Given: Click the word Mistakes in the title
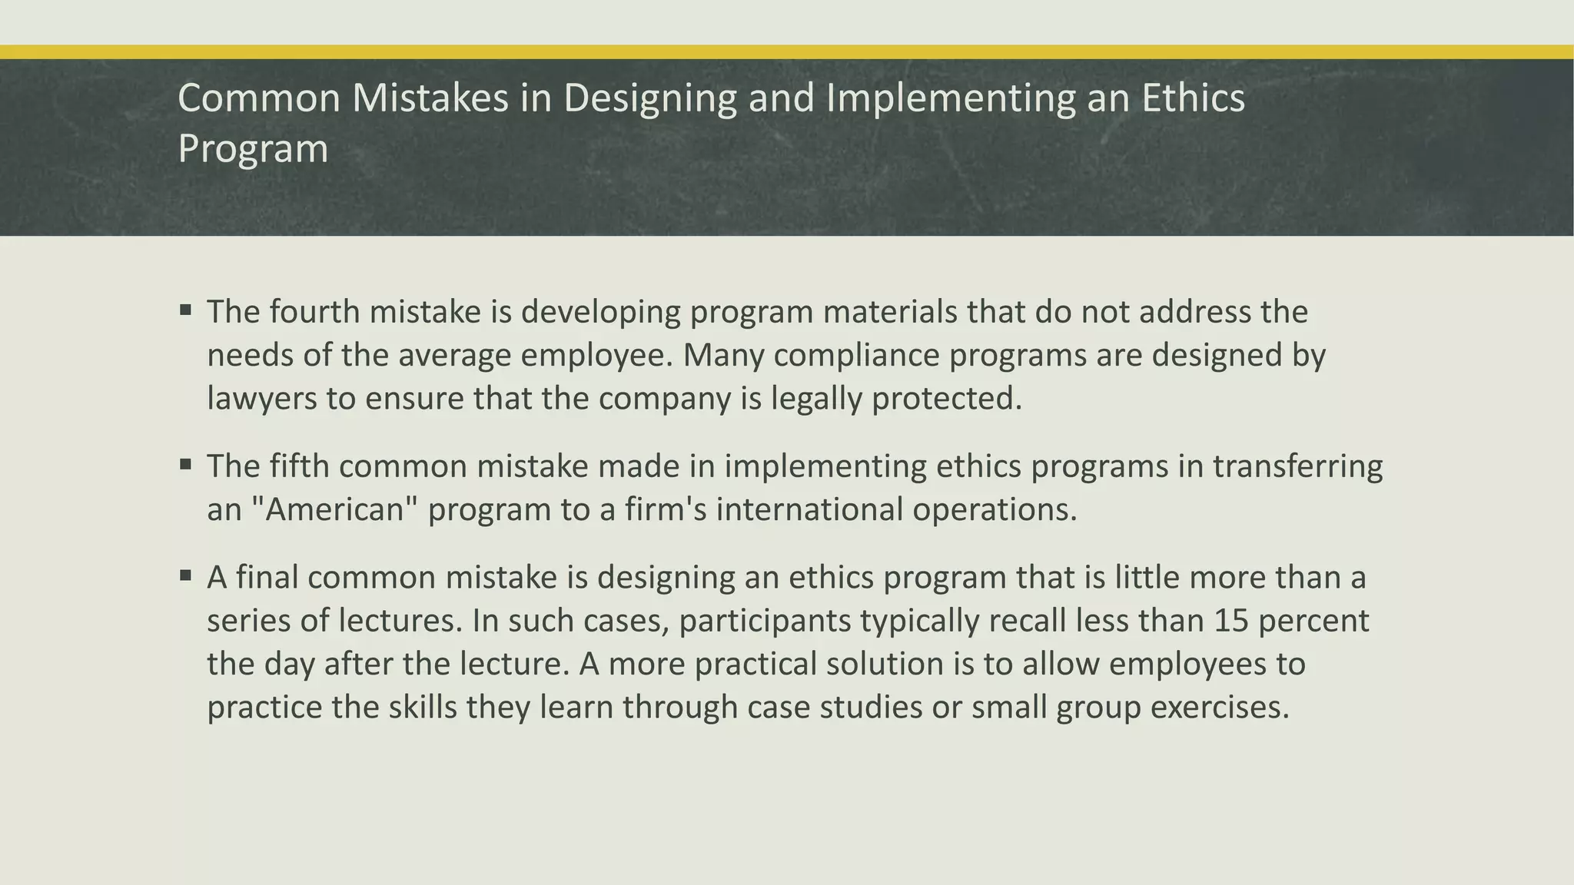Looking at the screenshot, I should coord(430,98).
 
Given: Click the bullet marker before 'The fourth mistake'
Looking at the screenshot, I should coord(185,311).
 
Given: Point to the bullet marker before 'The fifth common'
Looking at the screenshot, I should coord(185,465).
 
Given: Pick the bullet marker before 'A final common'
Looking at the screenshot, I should coord(185,575).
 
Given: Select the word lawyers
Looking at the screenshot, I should coord(261,399).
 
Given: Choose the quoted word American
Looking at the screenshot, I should coord(334,509).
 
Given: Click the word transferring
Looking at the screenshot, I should coord(1297,466).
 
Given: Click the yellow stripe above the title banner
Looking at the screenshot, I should coord(787,52).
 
